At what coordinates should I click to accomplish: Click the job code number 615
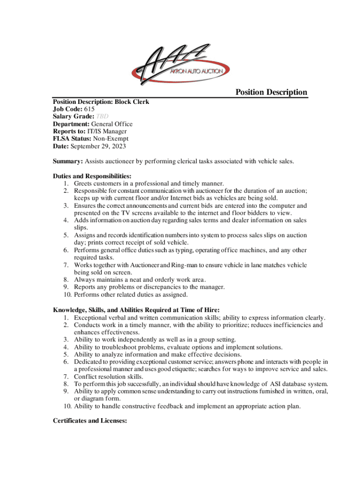(89, 109)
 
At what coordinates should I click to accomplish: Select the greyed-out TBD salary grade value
(103, 116)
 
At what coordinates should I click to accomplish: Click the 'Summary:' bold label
(68, 161)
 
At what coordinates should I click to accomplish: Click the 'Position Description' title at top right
(271, 92)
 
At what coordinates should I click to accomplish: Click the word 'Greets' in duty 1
(84, 183)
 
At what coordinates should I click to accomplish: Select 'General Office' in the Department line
(112, 124)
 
